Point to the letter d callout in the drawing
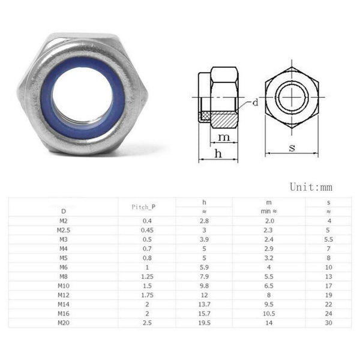click(x=254, y=103)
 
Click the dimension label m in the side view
click(x=224, y=137)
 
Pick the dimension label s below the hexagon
click(x=292, y=147)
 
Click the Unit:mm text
click(x=311, y=187)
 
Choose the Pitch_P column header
click(x=143, y=206)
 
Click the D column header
click(x=64, y=211)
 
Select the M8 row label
click(x=64, y=277)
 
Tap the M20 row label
click(x=64, y=323)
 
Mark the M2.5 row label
click(x=64, y=230)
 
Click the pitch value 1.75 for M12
click(x=143, y=295)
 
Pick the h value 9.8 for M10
click(x=205, y=286)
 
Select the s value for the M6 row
click(x=329, y=267)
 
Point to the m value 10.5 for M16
click(x=268, y=314)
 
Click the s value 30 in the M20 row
click(x=329, y=323)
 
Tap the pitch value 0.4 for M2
click(x=143, y=221)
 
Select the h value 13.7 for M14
click(x=205, y=304)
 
